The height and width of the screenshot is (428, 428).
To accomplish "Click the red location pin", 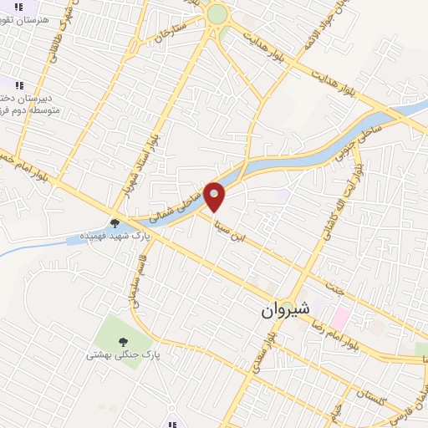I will pyautogui.click(x=215, y=196).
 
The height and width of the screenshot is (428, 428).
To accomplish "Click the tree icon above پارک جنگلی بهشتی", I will pyautogui.click(x=123, y=341).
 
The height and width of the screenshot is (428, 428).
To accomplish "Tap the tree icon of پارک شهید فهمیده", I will pyautogui.click(x=114, y=223).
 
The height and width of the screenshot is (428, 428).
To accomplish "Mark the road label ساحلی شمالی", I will pyautogui.click(x=171, y=203).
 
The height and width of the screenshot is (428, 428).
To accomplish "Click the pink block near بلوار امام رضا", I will pyautogui.click(x=340, y=317).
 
